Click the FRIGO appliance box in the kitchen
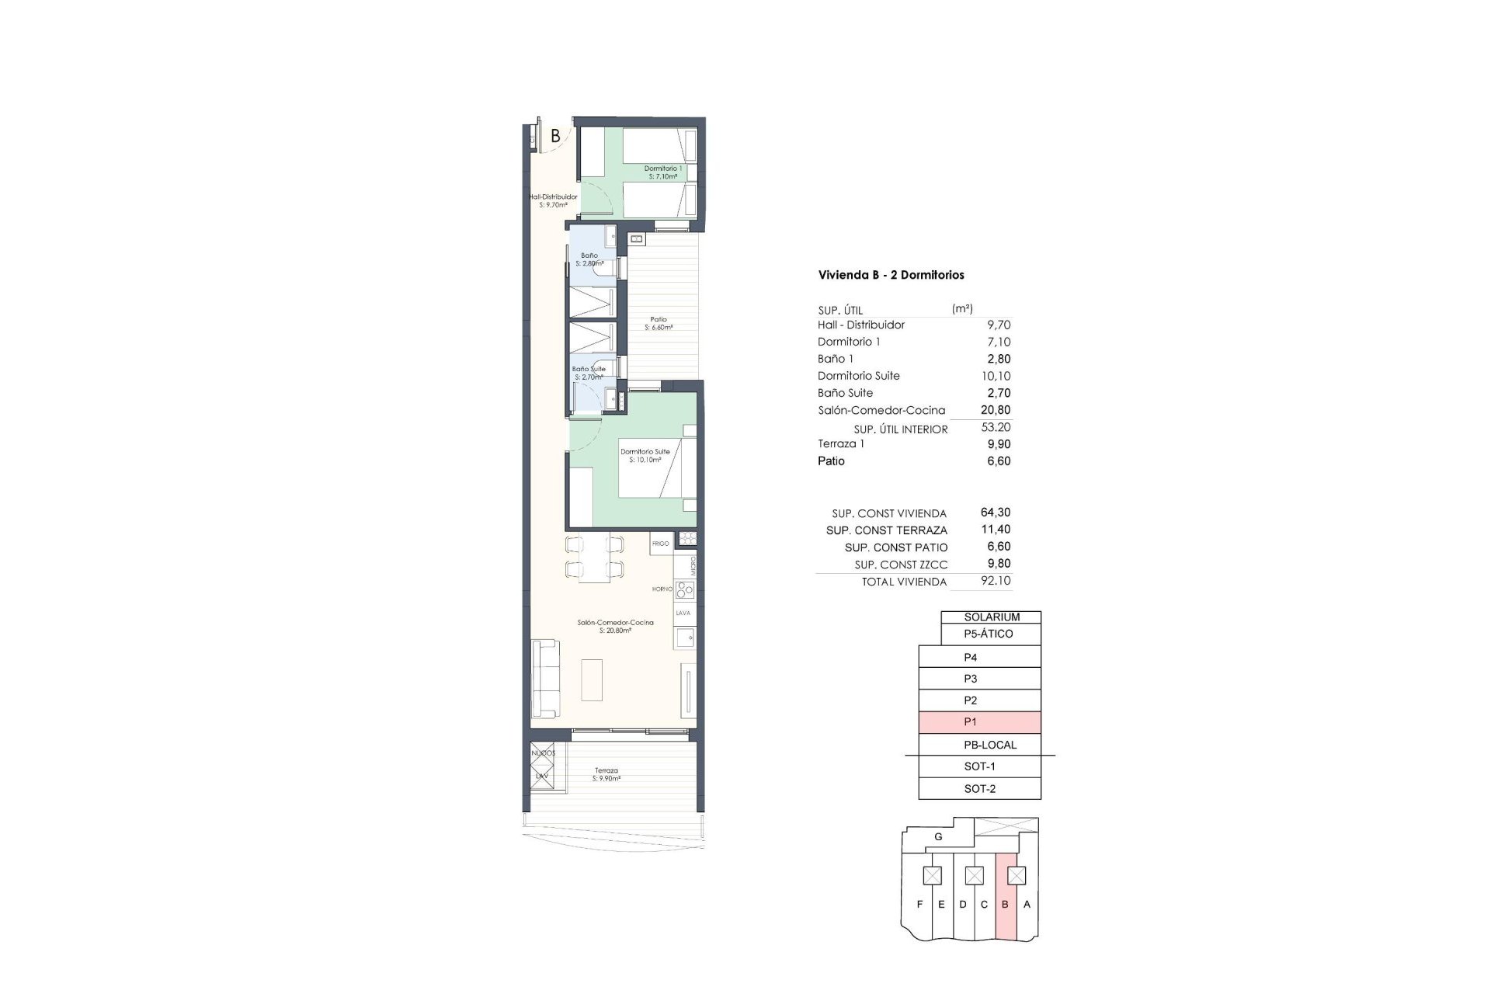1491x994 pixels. (661, 544)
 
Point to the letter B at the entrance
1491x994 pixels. (555, 136)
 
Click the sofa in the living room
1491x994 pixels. (544, 679)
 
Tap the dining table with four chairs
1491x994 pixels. (594, 557)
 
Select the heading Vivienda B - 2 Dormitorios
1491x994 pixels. (891, 275)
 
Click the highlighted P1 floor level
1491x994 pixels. (979, 722)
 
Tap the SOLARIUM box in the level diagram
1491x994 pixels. (991, 617)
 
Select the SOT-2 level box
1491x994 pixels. (979, 789)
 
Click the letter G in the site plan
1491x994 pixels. (938, 837)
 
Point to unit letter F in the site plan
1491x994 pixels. (919, 905)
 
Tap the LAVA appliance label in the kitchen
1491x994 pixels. (683, 613)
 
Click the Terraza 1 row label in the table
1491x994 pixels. (840, 444)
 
